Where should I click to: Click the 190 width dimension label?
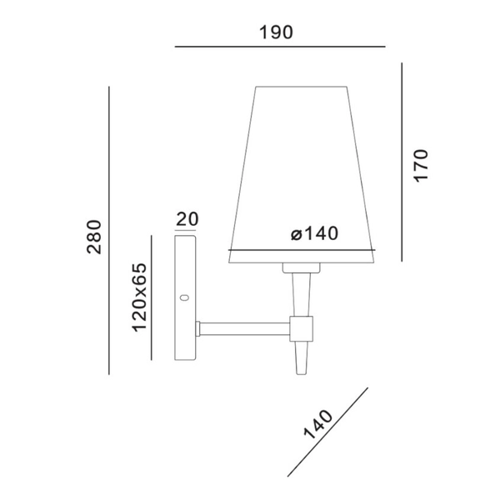[x=277, y=32]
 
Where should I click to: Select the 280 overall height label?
[x=93, y=236]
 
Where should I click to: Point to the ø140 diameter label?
[x=315, y=234]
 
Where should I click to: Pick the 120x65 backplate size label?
[x=139, y=297]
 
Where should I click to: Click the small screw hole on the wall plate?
[x=185, y=297]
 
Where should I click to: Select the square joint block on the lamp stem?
[x=301, y=327]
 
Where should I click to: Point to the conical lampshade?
[x=301, y=167]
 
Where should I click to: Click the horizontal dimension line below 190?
[x=280, y=47]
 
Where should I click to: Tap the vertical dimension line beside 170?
[x=402, y=162]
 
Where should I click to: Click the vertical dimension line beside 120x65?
[x=151, y=297]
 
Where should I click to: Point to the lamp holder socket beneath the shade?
[x=301, y=267]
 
